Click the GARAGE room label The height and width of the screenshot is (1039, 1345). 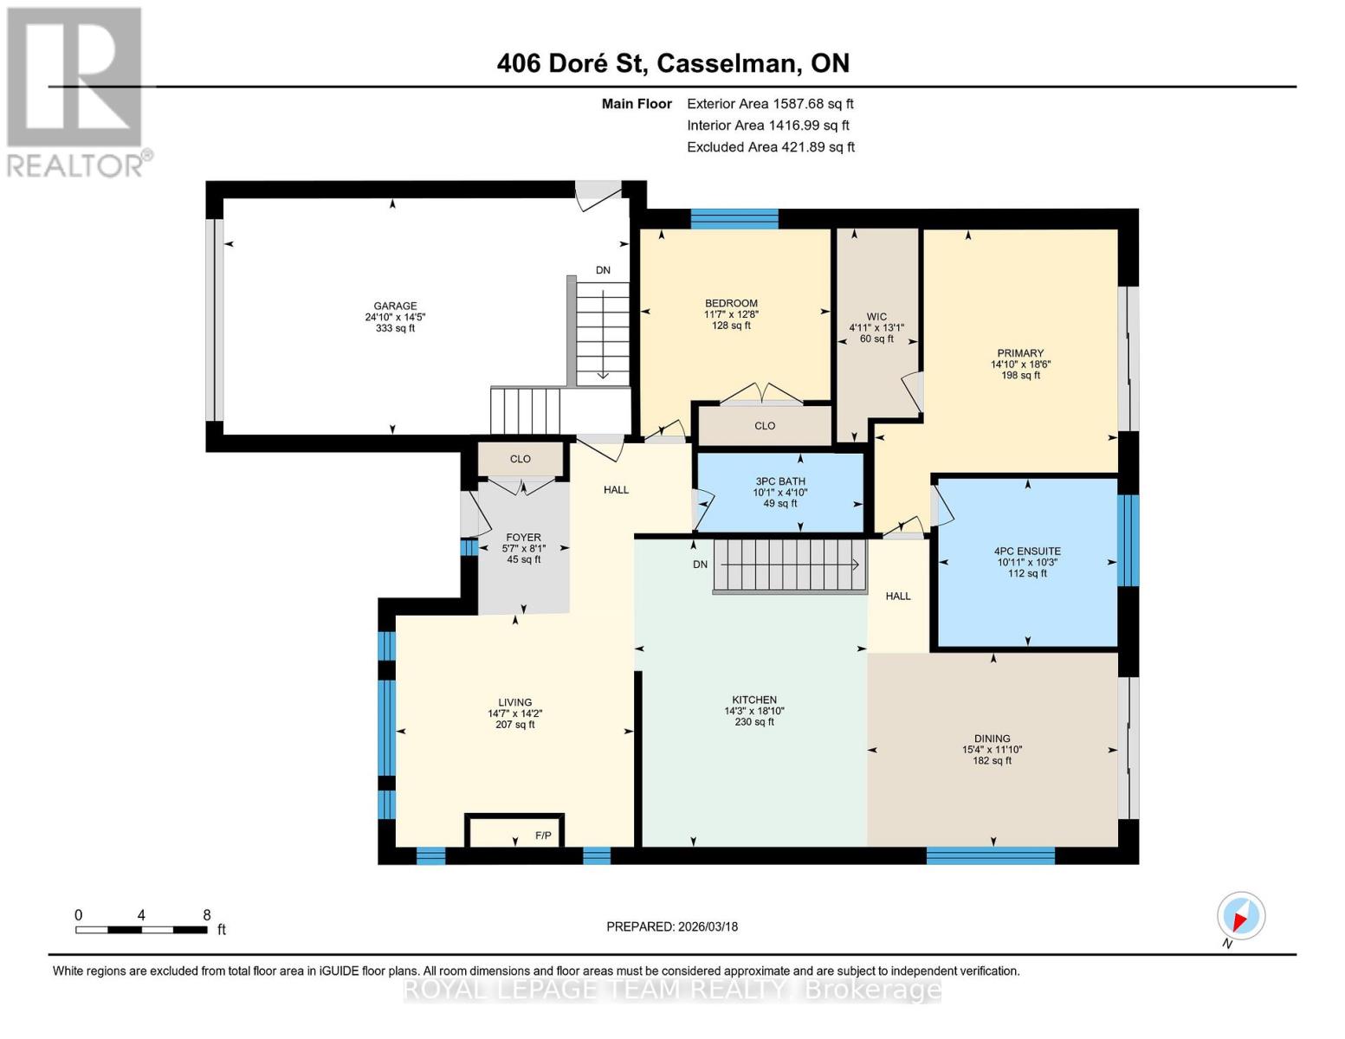395,306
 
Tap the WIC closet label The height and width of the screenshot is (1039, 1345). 876,317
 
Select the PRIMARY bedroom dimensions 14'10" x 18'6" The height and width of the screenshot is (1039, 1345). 1020,365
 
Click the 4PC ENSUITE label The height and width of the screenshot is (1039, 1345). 1027,551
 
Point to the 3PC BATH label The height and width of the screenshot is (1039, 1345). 779,481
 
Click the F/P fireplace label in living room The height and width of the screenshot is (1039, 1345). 543,836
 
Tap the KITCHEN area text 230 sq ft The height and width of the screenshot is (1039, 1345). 753,722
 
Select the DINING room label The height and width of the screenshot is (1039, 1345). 992,739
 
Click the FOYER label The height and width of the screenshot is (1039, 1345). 523,538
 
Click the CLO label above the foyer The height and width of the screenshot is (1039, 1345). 520,459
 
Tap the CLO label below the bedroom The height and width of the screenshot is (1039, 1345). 764,426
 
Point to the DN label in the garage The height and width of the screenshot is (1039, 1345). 603,270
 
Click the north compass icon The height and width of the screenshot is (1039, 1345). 1240,916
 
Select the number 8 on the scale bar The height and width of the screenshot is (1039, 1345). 206,915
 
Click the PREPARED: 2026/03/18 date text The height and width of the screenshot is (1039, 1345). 672,926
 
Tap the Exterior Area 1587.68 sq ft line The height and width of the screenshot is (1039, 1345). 770,103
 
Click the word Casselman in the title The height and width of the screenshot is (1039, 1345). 727,63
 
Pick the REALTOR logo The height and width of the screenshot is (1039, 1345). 76,91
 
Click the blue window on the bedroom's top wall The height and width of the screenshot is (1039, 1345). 734,218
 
